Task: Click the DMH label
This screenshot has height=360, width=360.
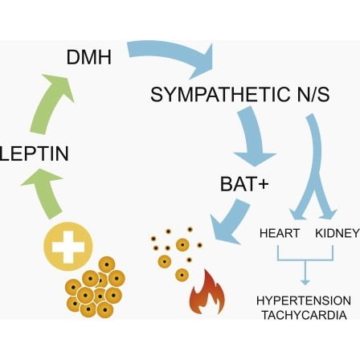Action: tap(89, 57)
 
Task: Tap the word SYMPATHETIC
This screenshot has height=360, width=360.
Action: tap(217, 94)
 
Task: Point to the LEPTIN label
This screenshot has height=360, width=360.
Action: tap(34, 153)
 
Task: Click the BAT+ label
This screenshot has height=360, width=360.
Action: tap(244, 184)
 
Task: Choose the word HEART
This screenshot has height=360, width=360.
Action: tap(280, 233)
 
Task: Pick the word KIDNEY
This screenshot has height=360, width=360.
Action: tap(337, 233)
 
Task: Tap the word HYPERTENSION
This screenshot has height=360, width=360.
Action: tap(304, 301)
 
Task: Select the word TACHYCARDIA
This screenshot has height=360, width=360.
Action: tap(305, 315)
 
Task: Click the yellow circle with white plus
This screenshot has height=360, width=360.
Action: tap(68, 247)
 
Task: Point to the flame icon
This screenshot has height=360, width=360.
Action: tap(207, 292)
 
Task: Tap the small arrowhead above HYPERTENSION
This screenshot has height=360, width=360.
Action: tap(305, 282)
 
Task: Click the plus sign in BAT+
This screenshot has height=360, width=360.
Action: tap(262, 184)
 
